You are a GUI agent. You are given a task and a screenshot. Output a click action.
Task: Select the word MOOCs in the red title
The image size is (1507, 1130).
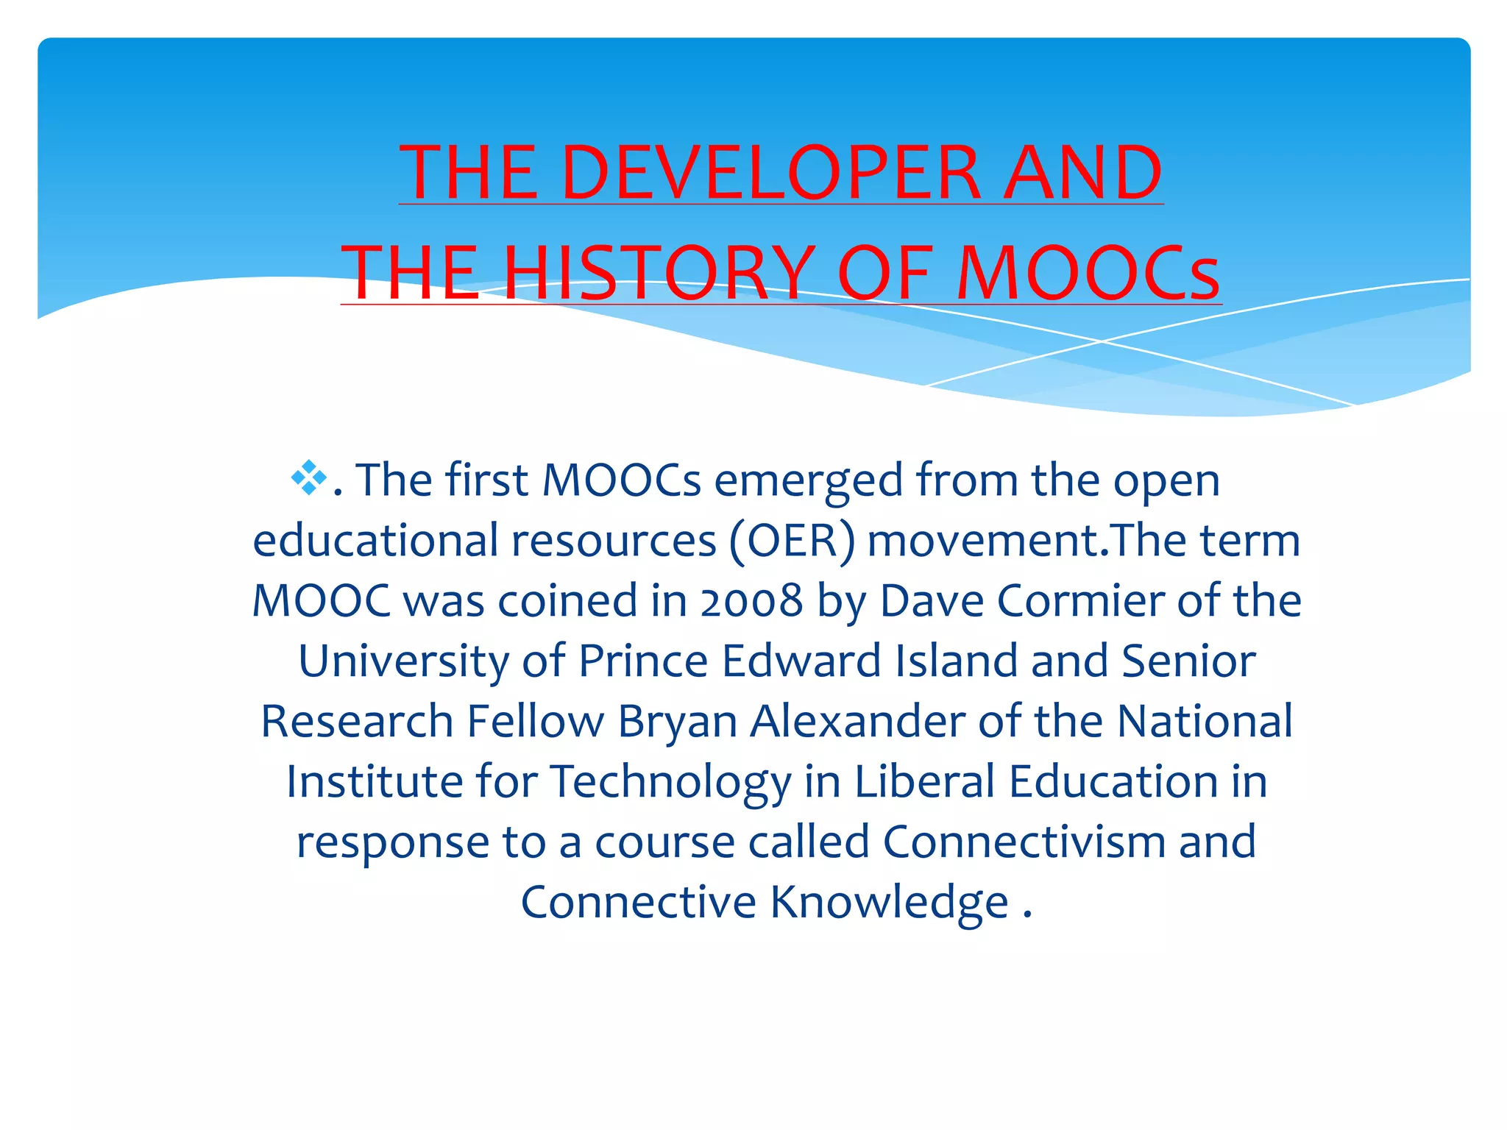(x=1088, y=273)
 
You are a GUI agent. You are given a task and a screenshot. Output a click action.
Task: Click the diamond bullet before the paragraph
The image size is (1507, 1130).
(x=308, y=477)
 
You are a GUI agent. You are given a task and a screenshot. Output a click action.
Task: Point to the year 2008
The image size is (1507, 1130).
(x=751, y=600)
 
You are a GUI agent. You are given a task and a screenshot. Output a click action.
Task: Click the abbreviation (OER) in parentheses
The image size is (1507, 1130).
(x=792, y=541)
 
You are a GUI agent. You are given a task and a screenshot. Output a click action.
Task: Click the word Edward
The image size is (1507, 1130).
(x=801, y=661)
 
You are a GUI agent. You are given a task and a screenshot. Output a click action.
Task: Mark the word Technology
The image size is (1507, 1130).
(x=670, y=781)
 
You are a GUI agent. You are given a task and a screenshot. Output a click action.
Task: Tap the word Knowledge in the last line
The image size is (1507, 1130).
(x=889, y=902)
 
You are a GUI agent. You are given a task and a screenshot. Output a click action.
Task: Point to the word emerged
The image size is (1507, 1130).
(x=808, y=480)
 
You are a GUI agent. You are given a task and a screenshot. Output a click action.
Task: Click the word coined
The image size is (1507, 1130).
(x=567, y=600)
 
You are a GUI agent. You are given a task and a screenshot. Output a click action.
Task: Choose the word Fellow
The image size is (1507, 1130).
(x=535, y=721)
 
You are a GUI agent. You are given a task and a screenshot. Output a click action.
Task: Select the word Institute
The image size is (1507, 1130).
(x=375, y=781)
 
